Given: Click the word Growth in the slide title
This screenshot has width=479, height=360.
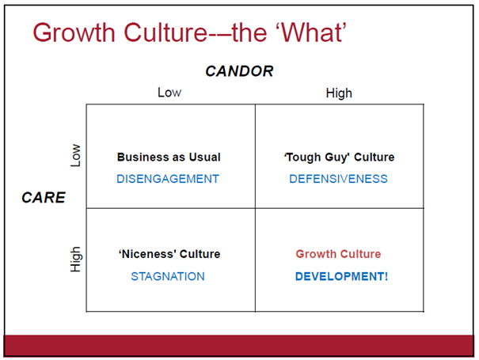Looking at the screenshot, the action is pos(74,32).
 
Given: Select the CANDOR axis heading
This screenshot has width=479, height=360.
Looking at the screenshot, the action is pos(239,71).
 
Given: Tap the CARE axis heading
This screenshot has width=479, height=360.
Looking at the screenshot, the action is pos(44,198).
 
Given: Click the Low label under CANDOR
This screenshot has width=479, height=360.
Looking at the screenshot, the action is pos(169,93).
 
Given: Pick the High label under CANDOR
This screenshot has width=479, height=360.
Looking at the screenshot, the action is pos(339,93).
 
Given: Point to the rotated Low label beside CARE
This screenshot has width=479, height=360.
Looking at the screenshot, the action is pos(75,155).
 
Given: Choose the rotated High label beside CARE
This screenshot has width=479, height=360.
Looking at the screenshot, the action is pos(75,260).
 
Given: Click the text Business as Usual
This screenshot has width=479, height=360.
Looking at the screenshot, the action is pos(169,157).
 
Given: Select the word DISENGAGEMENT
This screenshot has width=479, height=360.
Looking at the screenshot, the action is pos(168,179).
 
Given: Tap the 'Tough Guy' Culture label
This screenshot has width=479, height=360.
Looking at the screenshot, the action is pos(339,157).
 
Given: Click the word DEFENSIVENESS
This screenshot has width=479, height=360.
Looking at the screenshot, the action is pos(339,179).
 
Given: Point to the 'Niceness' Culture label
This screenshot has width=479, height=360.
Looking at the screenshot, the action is pos(169,254).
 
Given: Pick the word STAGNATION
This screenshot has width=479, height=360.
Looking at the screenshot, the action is pos(168,276).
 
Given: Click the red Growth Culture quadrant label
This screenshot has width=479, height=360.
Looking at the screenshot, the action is pos(338,254).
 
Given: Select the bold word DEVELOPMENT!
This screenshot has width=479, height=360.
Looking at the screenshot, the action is pos(341,276).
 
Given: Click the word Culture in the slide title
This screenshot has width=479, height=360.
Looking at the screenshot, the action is pos(165,32).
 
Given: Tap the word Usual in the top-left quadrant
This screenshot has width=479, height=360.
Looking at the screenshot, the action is pos(205,157).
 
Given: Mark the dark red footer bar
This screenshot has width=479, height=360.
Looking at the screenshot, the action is pos(239,346).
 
